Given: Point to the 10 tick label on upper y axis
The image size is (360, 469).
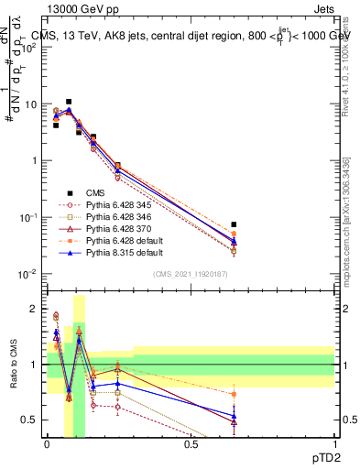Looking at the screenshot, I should pyautogui.click(x=29, y=104).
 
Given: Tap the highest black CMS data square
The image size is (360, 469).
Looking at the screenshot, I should pyautogui.click(x=69, y=102).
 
